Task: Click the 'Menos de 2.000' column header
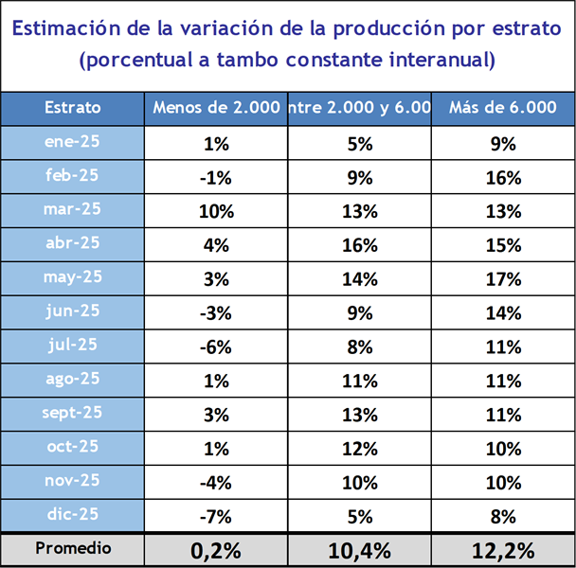216,108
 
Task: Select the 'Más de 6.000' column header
502,108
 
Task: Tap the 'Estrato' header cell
72,108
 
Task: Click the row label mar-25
72,209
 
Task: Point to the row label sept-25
72,413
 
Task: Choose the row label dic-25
72,514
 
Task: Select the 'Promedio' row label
72,548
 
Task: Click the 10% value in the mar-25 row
216,211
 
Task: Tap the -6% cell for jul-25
216,346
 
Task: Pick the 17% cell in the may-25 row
502,278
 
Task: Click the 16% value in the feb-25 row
502,177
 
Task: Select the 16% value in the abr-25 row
359,244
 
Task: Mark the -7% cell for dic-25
216,516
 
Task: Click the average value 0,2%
216,550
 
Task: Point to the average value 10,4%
359,550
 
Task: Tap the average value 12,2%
502,550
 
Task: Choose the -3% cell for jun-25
216,312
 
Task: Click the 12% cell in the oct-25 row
359,448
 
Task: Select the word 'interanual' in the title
442,61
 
